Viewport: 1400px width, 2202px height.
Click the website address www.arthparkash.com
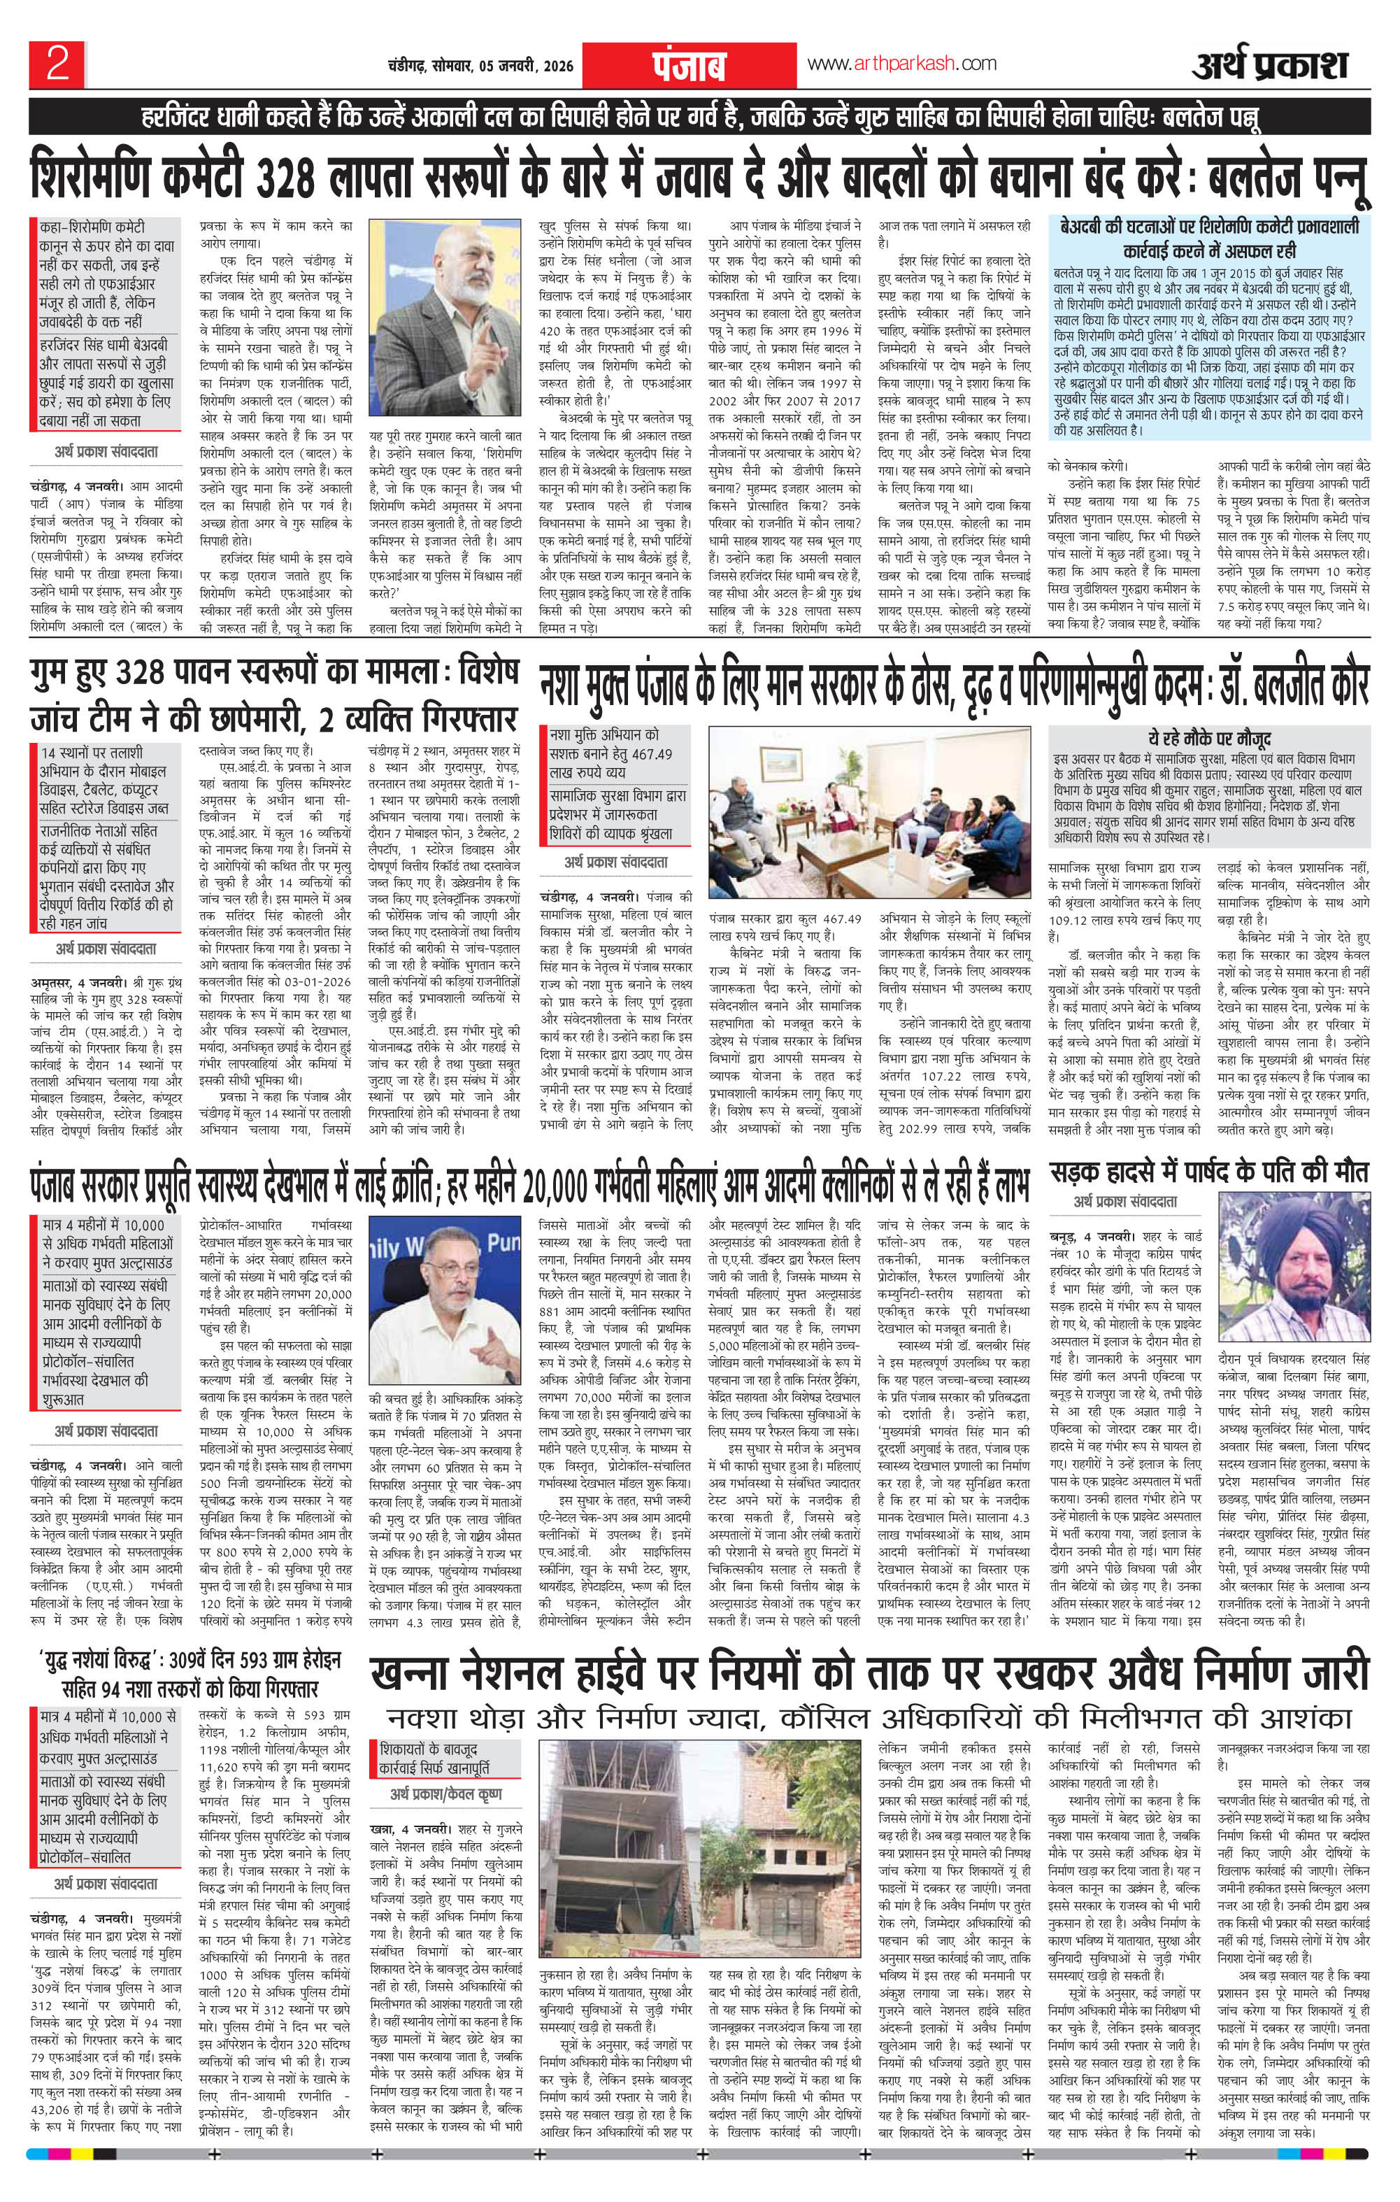click(x=901, y=63)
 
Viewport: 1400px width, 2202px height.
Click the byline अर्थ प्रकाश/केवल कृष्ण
click(x=447, y=1794)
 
